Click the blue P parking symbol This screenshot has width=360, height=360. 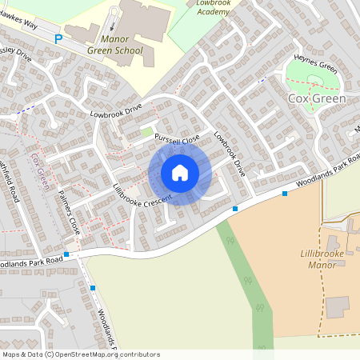[58, 38]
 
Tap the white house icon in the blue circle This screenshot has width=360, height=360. [180, 173]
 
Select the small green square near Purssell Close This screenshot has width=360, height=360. [146, 132]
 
